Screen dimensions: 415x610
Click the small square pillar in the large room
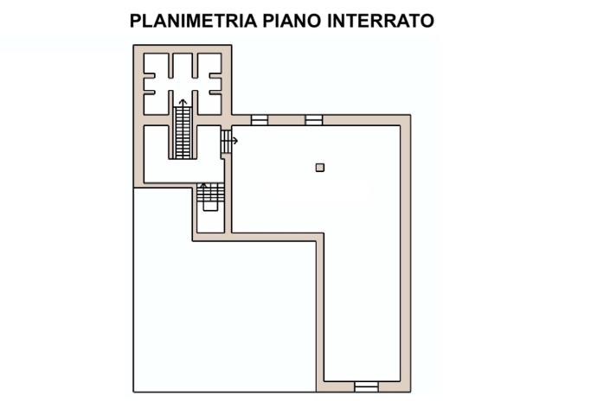click(320, 168)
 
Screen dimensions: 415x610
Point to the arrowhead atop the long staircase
click(183, 102)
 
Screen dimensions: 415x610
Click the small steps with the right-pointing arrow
click(226, 140)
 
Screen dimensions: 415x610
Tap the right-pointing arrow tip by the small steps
click(235, 140)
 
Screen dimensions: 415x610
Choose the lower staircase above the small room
click(209, 198)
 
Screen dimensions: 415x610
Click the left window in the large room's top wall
click(260, 120)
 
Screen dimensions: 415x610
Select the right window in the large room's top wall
click(313, 120)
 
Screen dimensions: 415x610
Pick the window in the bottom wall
click(367, 386)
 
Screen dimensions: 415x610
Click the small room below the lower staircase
click(209, 221)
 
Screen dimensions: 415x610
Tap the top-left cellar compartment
click(157, 64)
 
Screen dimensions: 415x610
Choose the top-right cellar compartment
click(209, 64)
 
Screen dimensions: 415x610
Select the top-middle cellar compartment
click(183, 66)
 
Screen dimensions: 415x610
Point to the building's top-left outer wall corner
click(135, 47)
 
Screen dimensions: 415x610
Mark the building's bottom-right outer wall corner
click(408, 390)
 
